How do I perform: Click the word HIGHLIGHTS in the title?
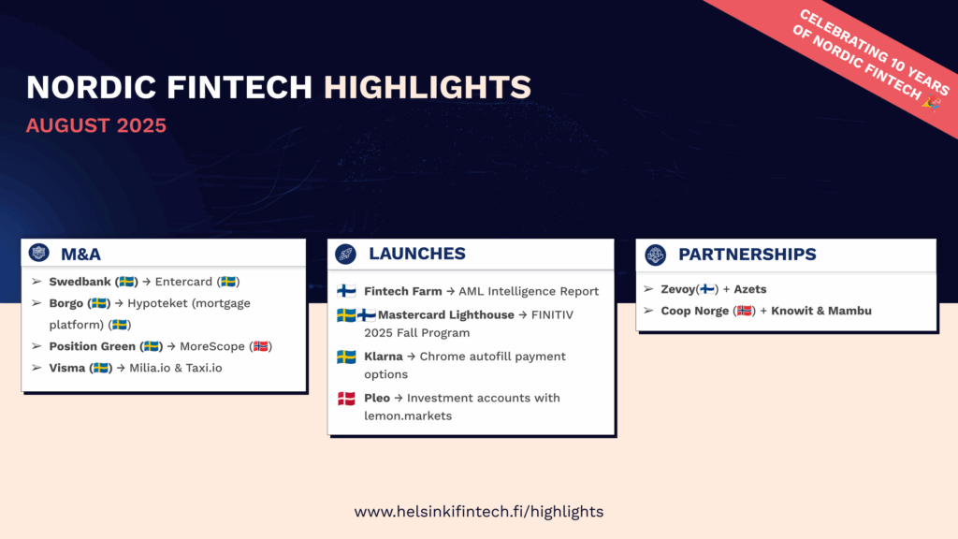coord(427,87)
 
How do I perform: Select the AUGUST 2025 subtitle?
coord(96,125)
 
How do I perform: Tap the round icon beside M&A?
coord(39,253)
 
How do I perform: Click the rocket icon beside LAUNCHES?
coord(346,255)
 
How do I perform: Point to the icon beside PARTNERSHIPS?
coord(656,255)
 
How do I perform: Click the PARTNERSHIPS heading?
coord(748,255)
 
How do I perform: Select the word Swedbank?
coord(80,282)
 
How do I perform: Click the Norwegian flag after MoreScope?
coord(261,346)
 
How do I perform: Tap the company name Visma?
coord(67,368)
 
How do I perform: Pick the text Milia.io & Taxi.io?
coord(176,368)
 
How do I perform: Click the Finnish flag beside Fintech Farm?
coord(346,291)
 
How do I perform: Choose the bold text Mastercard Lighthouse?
coord(446,314)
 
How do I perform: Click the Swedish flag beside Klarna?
coord(346,357)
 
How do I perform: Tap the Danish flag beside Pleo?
coord(346,399)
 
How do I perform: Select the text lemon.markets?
coord(408,415)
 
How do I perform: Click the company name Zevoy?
coord(678,289)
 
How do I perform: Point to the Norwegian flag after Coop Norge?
coord(744,311)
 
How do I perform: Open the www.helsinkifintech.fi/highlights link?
coord(479,512)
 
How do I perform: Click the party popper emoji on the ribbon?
coord(931,103)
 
